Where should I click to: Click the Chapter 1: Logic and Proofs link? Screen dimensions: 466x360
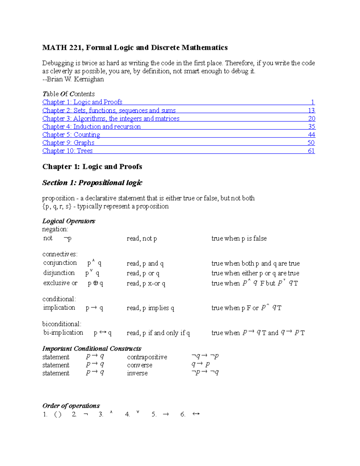coord(82,102)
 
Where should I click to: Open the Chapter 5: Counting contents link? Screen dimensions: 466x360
coord(71,135)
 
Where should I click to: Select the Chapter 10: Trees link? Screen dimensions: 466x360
coord(67,151)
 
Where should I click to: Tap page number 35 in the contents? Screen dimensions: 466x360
coord(311,127)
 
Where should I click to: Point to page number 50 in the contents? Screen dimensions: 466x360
coord(311,143)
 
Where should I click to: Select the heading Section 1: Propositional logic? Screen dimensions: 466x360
coord(92,183)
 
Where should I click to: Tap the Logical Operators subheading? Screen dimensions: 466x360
coord(69,221)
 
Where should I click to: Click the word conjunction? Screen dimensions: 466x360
coord(60,263)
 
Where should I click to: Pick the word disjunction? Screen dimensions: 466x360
coord(59,273)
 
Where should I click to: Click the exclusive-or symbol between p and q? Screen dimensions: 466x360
coord(96,283)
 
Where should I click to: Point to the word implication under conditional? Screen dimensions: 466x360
coord(59,308)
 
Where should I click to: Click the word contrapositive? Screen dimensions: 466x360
coord(147,357)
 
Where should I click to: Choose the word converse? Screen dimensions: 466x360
coord(139,365)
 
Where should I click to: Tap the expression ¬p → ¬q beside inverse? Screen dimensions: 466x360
coord(205,372)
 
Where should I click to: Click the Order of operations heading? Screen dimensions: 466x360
coord(71,406)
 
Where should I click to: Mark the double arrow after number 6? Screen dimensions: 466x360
coord(196,414)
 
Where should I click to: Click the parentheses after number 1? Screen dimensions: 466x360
coord(58,415)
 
